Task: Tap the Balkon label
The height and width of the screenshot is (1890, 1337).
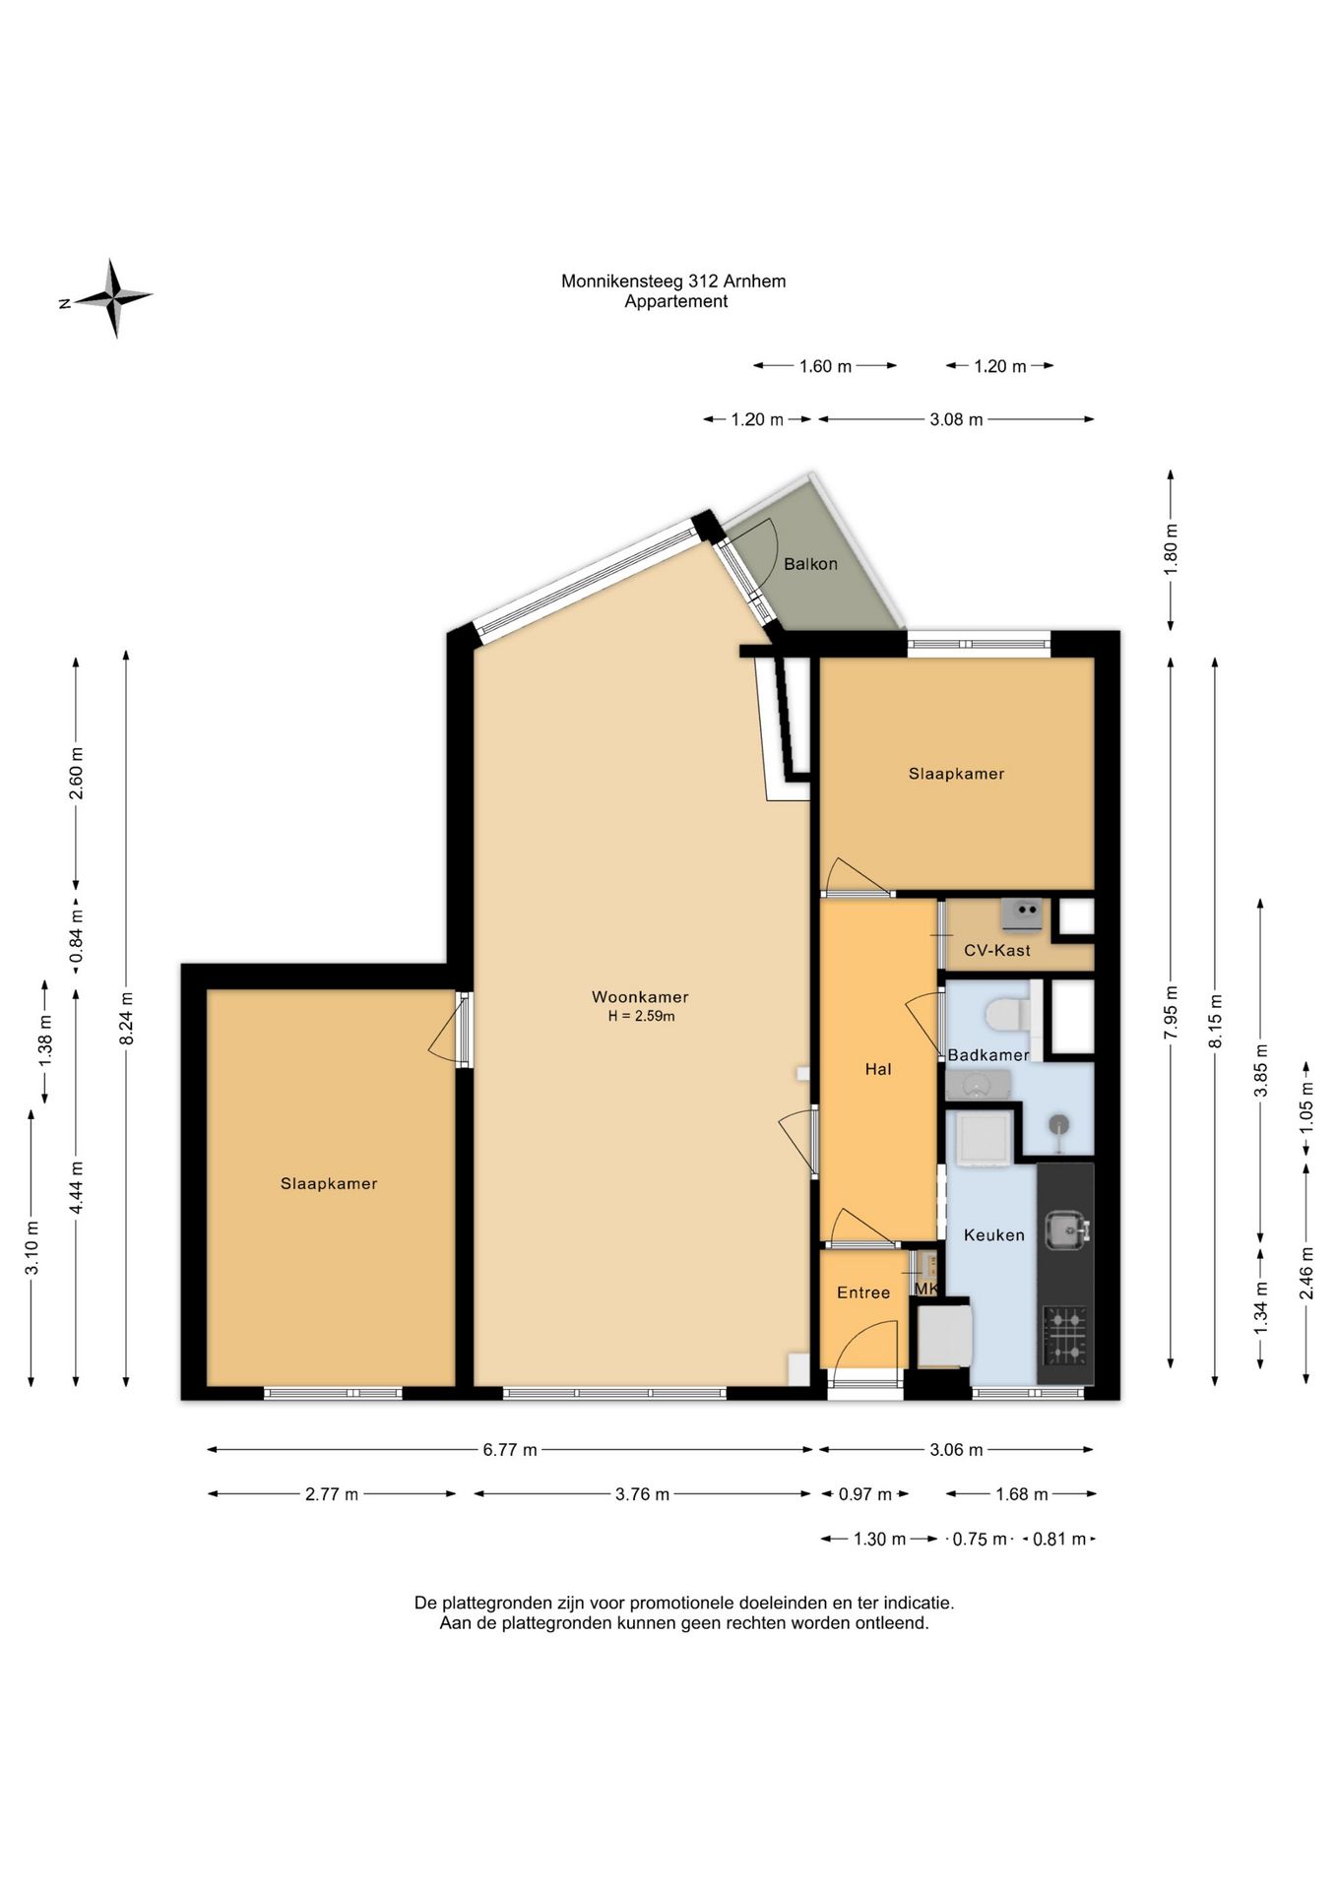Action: pyautogui.click(x=810, y=564)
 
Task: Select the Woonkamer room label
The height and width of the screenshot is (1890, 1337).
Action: pyautogui.click(x=640, y=997)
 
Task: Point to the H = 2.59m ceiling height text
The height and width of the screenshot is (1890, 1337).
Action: pyautogui.click(x=641, y=1017)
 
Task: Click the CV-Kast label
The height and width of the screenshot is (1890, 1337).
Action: pyautogui.click(x=997, y=951)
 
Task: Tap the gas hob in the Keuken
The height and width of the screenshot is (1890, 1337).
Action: pyautogui.click(x=1064, y=1336)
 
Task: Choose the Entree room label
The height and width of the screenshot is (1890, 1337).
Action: pyautogui.click(x=863, y=1293)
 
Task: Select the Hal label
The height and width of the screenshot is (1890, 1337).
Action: pyautogui.click(x=878, y=1069)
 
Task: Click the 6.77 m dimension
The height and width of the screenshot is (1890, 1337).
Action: pyautogui.click(x=510, y=1449)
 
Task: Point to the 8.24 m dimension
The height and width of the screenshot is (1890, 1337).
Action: pyautogui.click(x=126, y=1019)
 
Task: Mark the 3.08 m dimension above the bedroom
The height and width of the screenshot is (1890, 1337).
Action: pyautogui.click(x=956, y=419)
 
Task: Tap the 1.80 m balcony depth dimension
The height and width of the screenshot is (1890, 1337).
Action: pyautogui.click(x=1171, y=550)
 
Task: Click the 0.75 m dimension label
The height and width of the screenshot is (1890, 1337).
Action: pyautogui.click(x=980, y=1539)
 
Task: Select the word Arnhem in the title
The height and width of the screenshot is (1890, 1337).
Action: pyautogui.click(x=754, y=282)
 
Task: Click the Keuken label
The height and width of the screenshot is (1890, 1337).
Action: pyautogui.click(x=994, y=1235)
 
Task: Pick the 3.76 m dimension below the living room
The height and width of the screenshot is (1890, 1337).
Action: pyautogui.click(x=642, y=1494)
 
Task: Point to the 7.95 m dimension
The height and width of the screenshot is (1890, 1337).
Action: pyautogui.click(x=1171, y=1013)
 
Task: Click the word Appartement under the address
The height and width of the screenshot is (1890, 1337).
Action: pyautogui.click(x=675, y=302)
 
